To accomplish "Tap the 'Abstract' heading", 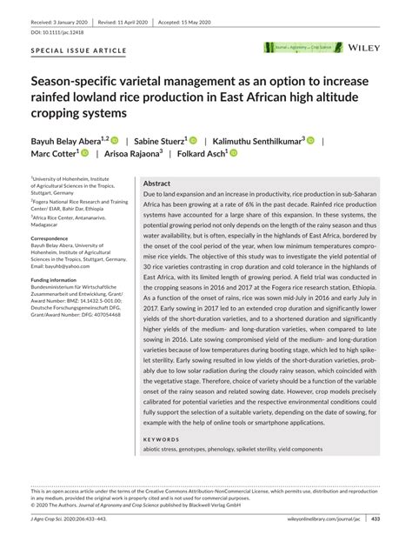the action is (x=156, y=184).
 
